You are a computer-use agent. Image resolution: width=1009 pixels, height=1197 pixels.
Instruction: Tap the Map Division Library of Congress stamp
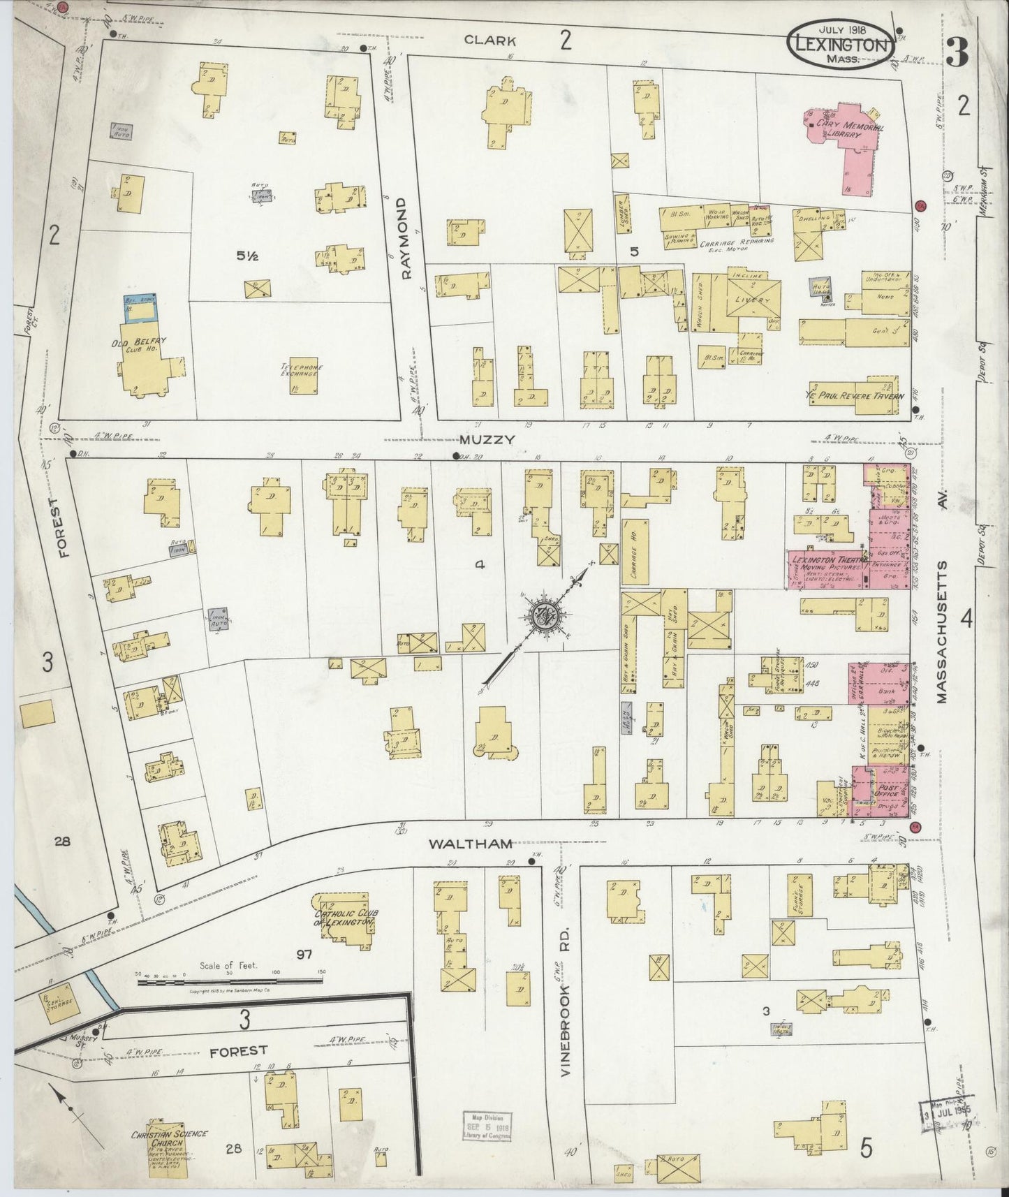tap(487, 1127)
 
